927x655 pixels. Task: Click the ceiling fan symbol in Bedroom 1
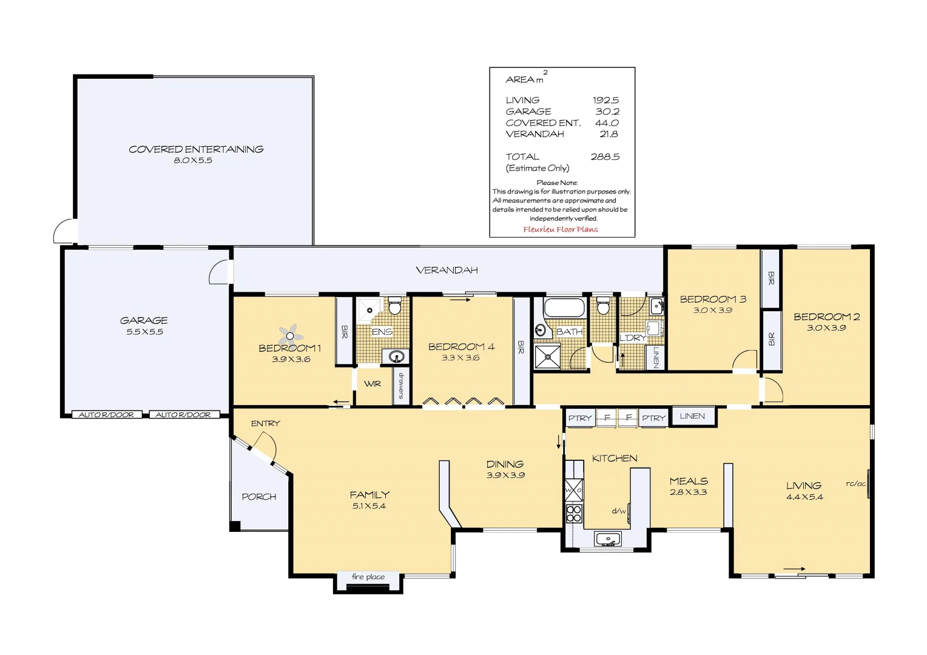click(x=291, y=335)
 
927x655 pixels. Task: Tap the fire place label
click(x=368, y=577)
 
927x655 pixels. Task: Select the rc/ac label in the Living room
click(x=855, y=483)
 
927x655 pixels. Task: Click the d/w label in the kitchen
click(x=618, y=511)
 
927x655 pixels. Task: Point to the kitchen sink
click(x=607, y=539)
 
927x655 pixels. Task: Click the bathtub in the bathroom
click(x=564, y=307)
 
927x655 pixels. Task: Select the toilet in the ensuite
click(x=395, y=306)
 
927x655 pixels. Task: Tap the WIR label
click(x=372, y=384)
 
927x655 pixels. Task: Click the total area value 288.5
click(x=605, y=156)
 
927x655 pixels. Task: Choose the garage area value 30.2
click(x=607, y=112)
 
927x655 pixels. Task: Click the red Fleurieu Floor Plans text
click(x=561, y=229)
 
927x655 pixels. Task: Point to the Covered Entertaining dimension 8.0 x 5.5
click(x=193, y=161)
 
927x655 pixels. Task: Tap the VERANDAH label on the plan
click(x=447, y=270)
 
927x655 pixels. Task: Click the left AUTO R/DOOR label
click(x=106, y=415)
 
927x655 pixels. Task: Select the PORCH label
click(x=259, y=497)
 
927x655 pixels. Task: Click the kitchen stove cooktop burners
click(x=574, y=514)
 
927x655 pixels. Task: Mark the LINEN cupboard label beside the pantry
click(x=692, y=416)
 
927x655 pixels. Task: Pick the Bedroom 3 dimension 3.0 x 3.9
click(x=713, y=310)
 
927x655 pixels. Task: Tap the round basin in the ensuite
click(x=397, y=356)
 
